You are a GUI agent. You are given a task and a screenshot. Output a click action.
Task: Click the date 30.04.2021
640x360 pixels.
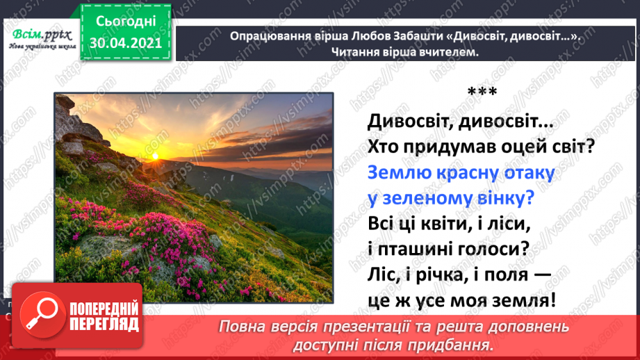click(126, 44)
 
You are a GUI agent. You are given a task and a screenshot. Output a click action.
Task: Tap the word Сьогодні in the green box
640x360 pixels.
click(126, 22)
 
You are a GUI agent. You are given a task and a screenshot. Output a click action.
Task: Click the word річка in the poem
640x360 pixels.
click(436, 275)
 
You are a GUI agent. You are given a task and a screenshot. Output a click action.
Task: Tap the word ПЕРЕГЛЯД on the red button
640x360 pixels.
click(104, 325)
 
